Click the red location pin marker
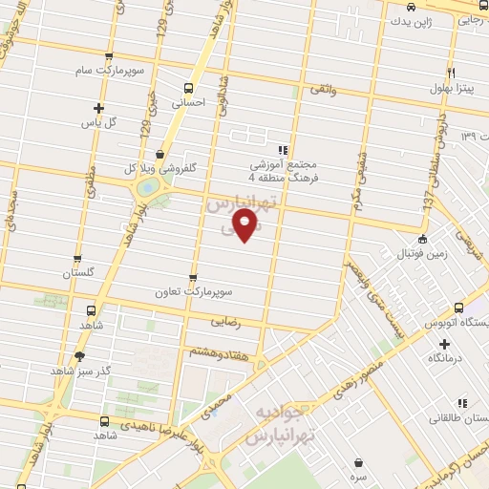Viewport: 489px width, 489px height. [246, 227]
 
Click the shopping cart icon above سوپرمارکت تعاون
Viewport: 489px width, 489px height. [193, 269]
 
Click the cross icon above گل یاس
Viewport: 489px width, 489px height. [97, 108]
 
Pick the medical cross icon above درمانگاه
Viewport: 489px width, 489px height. [443, 342]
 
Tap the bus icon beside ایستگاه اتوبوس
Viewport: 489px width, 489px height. [458, 308]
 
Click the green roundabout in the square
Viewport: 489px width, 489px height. [147, 187]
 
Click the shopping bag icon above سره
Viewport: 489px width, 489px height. [358, 460]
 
